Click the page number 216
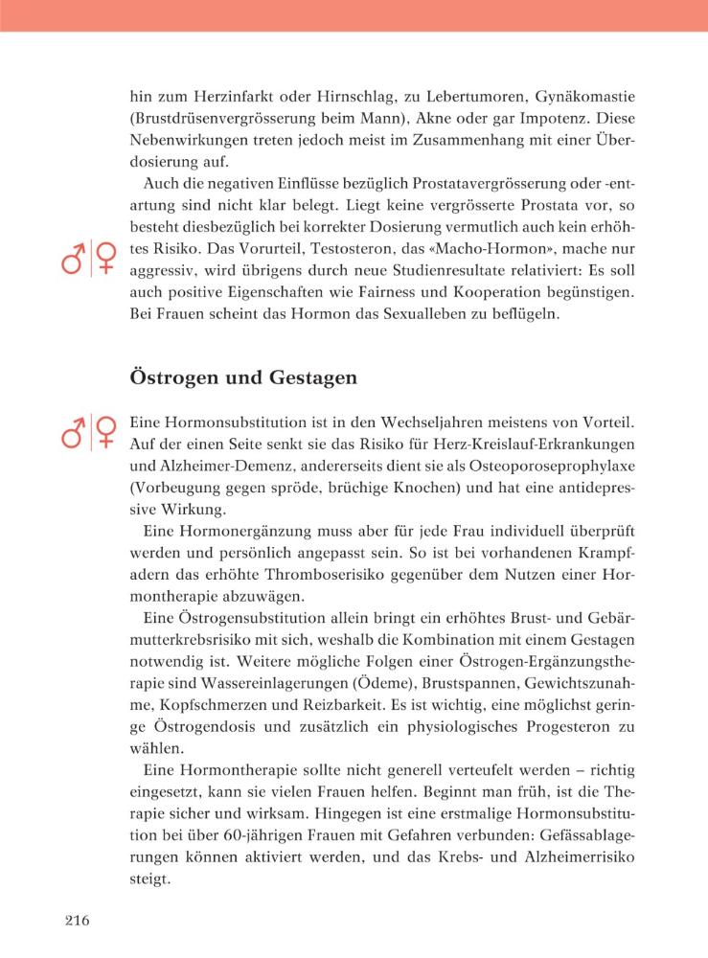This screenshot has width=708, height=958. [x=77, y=922]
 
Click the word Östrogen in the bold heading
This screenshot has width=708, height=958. [x=170, y=377]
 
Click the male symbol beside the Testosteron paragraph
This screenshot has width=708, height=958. [x=74, y=261]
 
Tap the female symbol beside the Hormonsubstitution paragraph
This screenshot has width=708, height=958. [x=104, y=431]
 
